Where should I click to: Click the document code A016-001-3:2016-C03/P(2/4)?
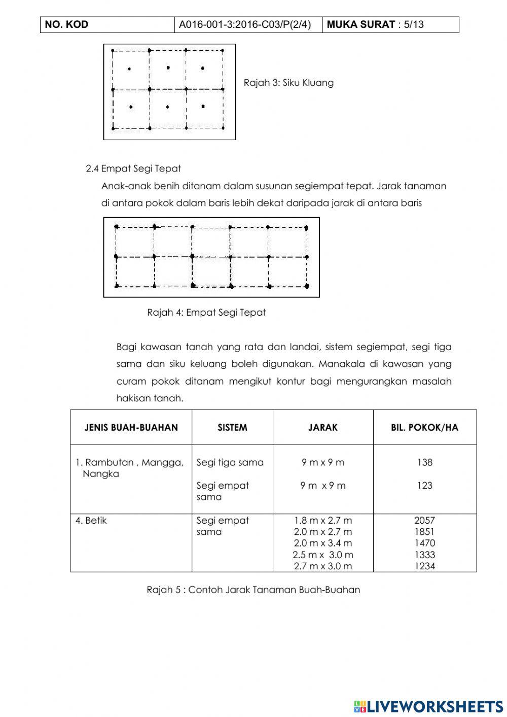click(x=245, y=24)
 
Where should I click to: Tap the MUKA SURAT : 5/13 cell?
click(x=375, y=24)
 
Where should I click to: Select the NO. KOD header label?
click(x=66, y=24)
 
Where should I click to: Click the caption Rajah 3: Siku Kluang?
click(x=288, y=83)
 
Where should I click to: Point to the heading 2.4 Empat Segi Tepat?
click(x=133, y=168)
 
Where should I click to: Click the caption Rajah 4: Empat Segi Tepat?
click(x=206, y=313)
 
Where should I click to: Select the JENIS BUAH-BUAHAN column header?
click(x=131, y=428)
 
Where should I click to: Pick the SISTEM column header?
click(x=232, y=428)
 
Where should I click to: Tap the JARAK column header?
click(x=323, y=428)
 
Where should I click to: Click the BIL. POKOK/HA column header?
click(x=424, y=428)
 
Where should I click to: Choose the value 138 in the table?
click(x=424, y=462)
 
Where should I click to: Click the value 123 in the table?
click(x=424, y=486)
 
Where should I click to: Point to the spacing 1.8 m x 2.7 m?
click(x=323, y=521)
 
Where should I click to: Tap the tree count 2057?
click(x=424, y=521)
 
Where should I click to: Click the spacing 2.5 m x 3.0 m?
click(x=323, y=555)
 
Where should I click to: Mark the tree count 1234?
click(x=424, y=566)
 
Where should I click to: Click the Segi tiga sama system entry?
click(x=230, y=462)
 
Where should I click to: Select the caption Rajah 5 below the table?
click(x=253, y=590)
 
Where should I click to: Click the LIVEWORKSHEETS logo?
click(x=428, y=706)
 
